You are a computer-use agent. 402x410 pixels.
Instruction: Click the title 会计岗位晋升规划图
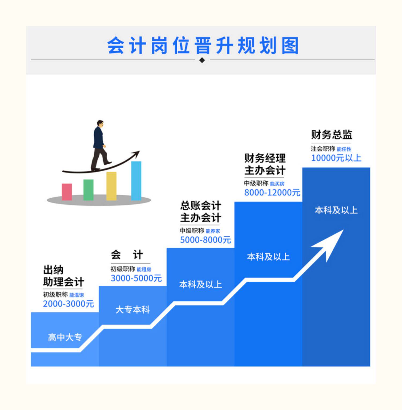(x=203, y=46)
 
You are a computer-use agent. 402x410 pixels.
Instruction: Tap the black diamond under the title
(x=202, y=60)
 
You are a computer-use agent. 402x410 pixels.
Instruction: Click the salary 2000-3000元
(x=68, y=304)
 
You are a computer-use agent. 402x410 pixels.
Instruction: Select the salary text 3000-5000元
(x=136, y=278)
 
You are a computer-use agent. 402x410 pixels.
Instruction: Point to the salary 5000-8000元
(x=205, y=240)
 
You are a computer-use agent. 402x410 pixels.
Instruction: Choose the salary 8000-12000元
(x=272, y=193)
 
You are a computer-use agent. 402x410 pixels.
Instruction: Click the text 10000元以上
(x=336, y=158)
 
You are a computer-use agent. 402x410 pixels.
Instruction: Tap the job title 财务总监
(x=332, y=135)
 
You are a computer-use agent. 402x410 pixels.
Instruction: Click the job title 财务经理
(x=265, y=158)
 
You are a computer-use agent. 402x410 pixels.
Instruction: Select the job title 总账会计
(x=200, y=206)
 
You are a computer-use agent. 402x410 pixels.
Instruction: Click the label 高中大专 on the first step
(x=65, y=337)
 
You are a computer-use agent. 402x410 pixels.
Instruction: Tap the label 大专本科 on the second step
(x=132, y=310)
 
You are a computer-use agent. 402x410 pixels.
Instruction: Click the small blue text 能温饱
(x=76, y=295)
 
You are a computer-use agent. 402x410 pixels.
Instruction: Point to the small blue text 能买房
(x=277, y=184)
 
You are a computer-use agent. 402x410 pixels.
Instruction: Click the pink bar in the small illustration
(x=67, y=191)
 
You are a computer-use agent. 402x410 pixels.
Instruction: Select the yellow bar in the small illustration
(x=111, y=186)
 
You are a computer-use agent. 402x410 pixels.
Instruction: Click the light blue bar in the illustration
(x=136, y=180)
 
